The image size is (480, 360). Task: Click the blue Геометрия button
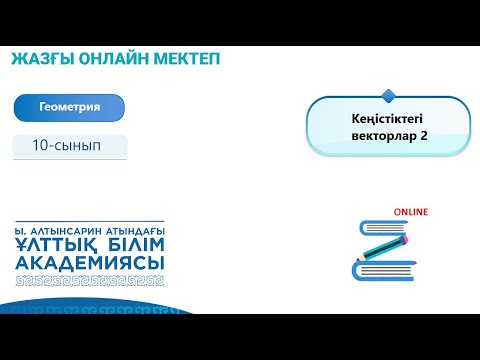click(x=69, y=107)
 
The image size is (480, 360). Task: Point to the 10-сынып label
click(x=70, y=145)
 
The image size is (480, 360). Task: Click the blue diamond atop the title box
click(x=388, y=95)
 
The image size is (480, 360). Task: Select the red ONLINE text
click(x=410, y=212)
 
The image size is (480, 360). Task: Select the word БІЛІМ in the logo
click(x=129, y=244)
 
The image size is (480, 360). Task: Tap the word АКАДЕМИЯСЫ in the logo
click(x=90, y=262)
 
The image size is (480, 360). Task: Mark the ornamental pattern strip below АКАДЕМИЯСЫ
click(x=90, y=280)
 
